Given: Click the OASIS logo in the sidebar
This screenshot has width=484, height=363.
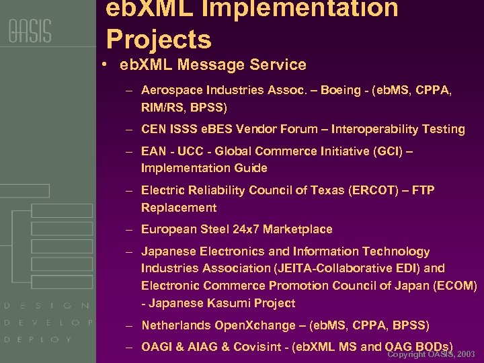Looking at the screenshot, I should [30, 32].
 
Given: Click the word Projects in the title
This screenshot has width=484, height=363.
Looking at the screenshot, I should [159, 40].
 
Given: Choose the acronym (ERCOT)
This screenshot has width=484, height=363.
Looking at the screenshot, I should [373, 190].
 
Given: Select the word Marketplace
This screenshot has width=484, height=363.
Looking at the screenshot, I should [298, 229].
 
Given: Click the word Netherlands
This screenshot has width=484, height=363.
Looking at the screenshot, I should [176, 325].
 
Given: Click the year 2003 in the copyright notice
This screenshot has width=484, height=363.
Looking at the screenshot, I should [465, 354].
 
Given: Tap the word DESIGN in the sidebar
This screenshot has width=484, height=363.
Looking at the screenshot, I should [47, 306].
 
